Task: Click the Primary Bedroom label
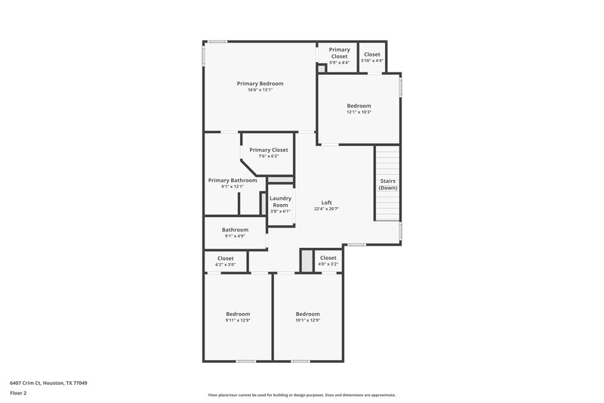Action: click(260, 83)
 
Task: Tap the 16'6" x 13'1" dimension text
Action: click(260, 90)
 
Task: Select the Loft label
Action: click(327, 202)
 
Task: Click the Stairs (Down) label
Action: click(387, 184)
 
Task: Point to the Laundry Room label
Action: click(280, 202)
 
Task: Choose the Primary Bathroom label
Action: click(233, 180)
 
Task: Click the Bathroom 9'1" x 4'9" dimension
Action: click(235, 236)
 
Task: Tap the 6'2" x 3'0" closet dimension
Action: click(225, 265)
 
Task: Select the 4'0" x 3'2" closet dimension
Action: click(328, 265)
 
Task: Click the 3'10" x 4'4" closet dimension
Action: click(372, 61)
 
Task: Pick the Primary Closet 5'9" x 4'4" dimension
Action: click(339, 63)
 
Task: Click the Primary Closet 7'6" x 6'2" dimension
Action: click(268, 157)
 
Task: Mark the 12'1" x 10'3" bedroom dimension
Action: click(359, 112)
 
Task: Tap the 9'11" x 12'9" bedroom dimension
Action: click(238, 321)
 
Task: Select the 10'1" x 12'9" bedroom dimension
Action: click(307, 321)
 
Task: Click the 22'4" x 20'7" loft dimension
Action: click(327, 209)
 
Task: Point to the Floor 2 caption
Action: click(19, 394)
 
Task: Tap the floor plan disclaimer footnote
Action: click(301, 395)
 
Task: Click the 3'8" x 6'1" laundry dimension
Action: click(280, 212)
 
